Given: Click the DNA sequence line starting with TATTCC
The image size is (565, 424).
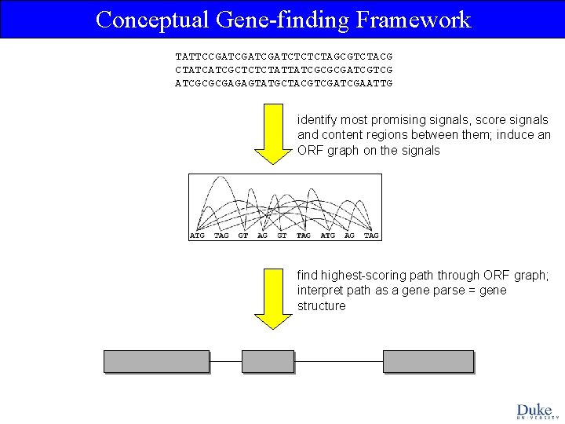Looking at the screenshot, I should tap(283, 57).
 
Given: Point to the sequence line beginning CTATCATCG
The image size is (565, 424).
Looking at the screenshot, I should tap(283, 69).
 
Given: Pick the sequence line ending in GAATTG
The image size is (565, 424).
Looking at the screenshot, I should tap(283, 82).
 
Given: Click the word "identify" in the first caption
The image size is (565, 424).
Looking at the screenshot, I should tap(318, 120).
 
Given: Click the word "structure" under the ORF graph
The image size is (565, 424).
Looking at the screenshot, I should tap(321, 305).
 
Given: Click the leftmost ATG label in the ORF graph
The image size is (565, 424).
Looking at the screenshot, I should tap(197, 236).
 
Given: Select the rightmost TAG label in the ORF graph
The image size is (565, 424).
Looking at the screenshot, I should tap(371, 236).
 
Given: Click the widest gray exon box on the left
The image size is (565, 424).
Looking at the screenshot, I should tap(157, 361).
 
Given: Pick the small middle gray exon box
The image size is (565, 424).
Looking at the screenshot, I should tap(268, 361).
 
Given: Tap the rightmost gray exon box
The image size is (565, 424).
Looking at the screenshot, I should tap(428, 361).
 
